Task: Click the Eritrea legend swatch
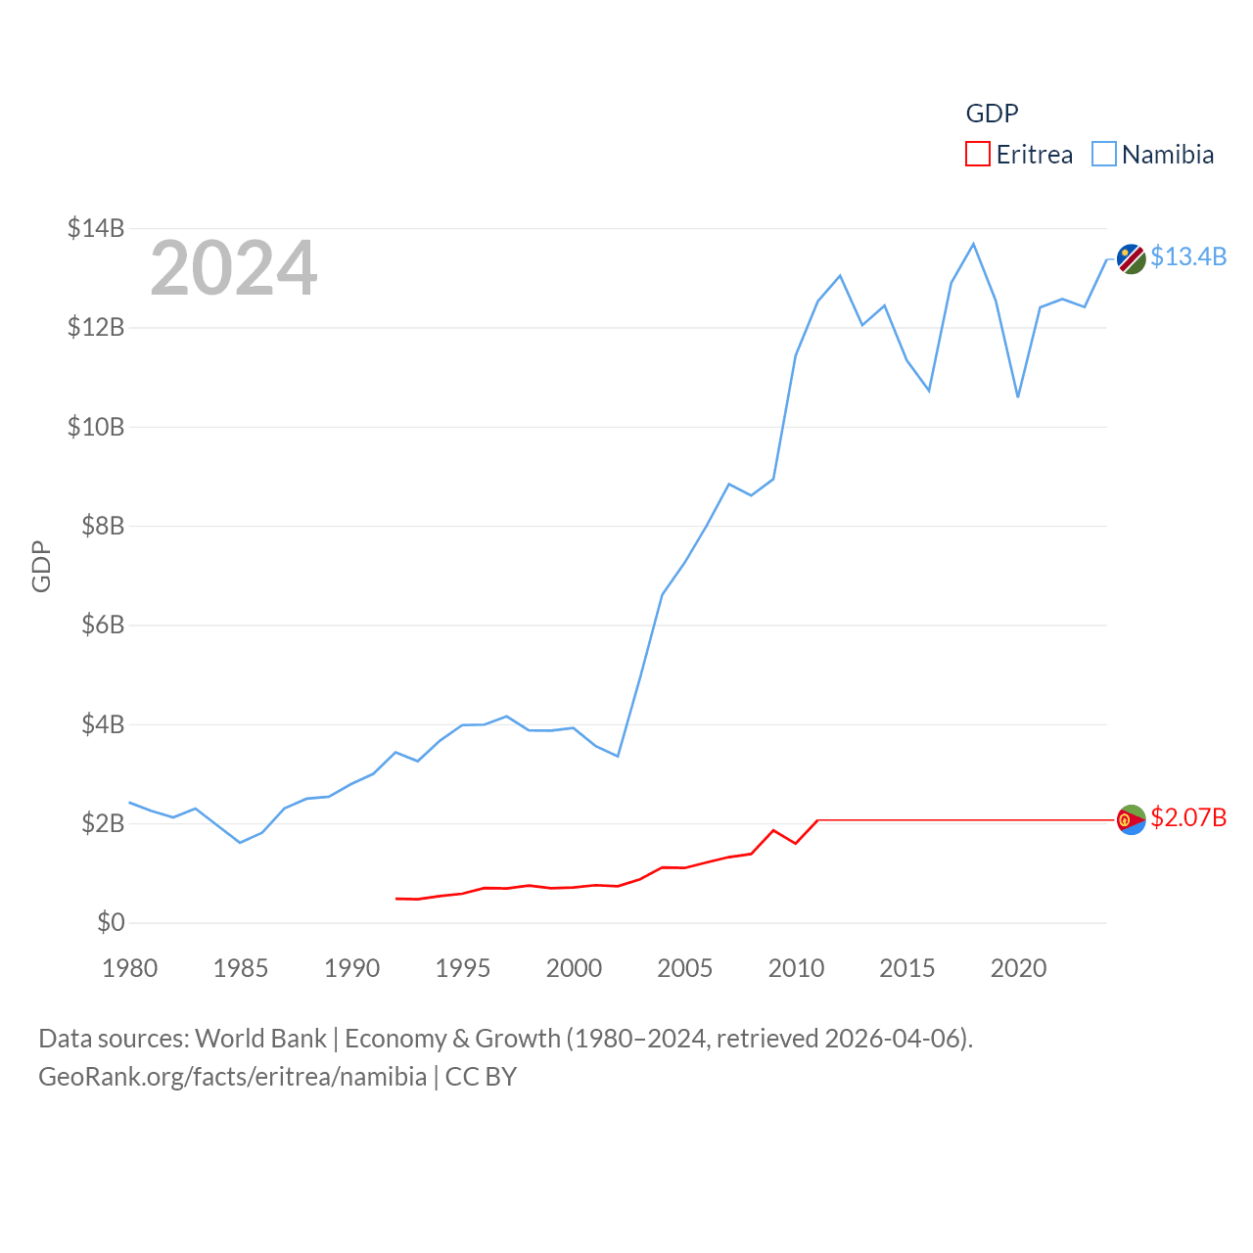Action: click(x=978, y=155)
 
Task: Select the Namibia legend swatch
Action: click(x=1104, y=155)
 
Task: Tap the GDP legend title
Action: click(x=992, y=114)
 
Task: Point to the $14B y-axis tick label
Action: click(x=96, y=228)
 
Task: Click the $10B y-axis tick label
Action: click(x=96, y=427)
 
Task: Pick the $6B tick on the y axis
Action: click(x=103, y=625)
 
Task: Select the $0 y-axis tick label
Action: click(x=111, y=922)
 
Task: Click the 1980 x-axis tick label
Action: click(x=130, y=968)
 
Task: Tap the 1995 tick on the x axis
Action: click(x=463, y=968)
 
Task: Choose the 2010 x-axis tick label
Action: click(x=796, y=968)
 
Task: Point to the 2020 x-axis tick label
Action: click(x=1018, y=968)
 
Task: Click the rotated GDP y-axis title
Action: click(x=41, y=566)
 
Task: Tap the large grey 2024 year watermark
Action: click(x=233, y=268)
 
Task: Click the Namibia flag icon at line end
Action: click(x=1132, y=259)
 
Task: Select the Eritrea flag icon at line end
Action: click(x=1132, y=819)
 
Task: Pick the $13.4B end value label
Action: click(x=1188, y=256)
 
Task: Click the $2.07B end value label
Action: click(x=1188, y=817)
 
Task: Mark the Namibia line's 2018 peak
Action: click(x=973, y=244)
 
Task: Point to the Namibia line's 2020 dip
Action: click(x=1018, y=396)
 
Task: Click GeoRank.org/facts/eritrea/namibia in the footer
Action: click(x=232, y=1077)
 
